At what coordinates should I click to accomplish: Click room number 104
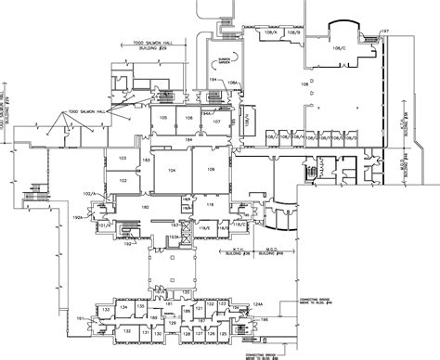[171, 173]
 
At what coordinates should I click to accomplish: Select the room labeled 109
[211, 170]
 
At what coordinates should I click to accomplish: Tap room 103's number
[123, 160]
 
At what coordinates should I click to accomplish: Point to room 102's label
[123, 181]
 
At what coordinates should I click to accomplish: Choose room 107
[216, 122]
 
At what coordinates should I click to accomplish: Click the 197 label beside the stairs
[384, 32]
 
